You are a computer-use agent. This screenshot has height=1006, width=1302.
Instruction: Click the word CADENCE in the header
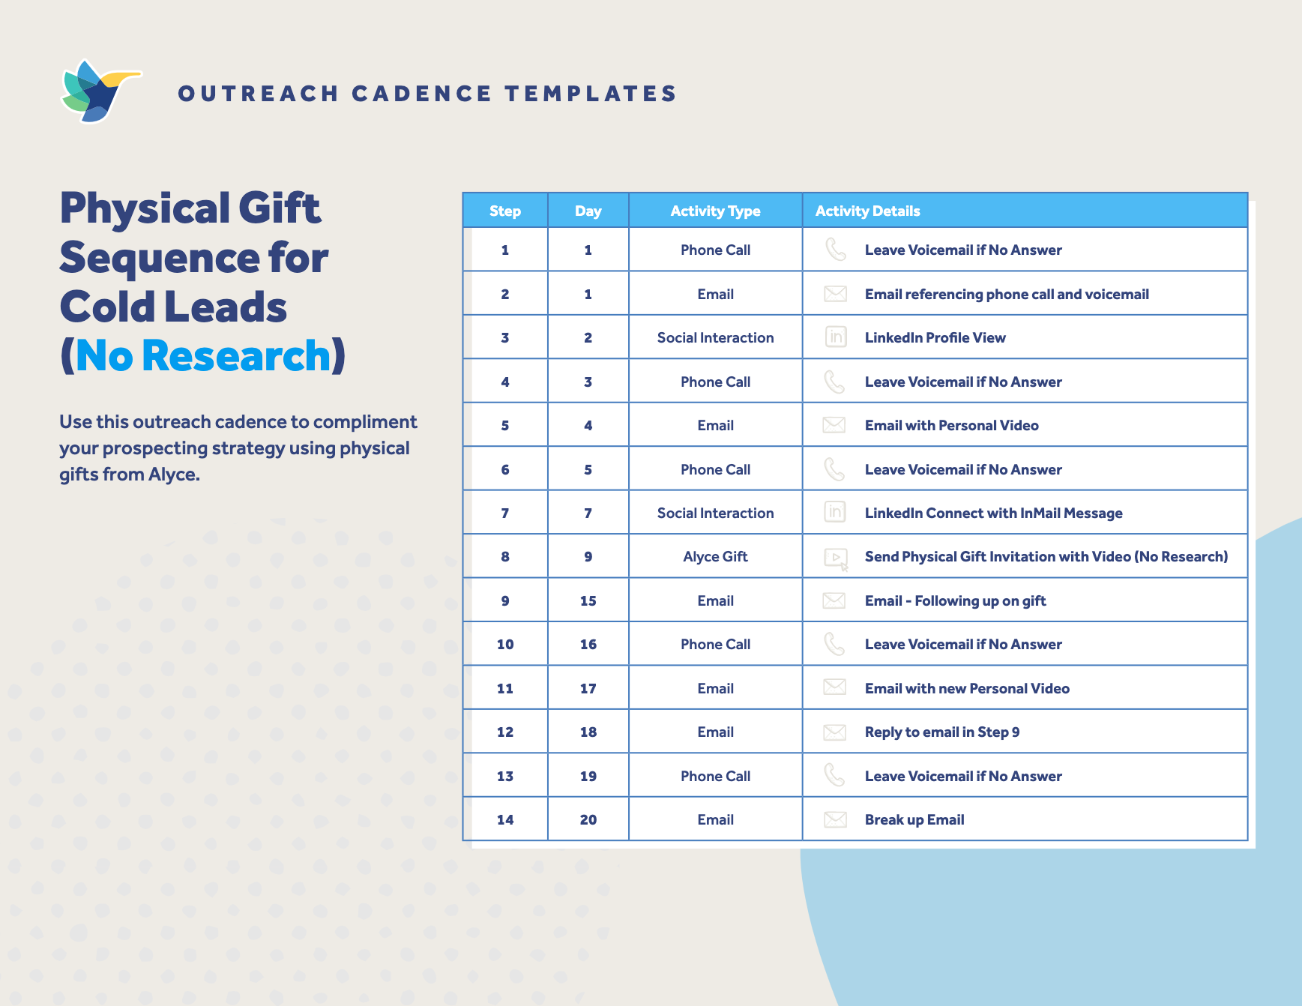(421, 94)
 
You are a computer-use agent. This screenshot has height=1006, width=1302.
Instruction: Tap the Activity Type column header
(715, 211)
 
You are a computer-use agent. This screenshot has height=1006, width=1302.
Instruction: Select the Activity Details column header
(867, 211)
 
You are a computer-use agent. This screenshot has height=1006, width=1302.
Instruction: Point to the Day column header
(588, 211)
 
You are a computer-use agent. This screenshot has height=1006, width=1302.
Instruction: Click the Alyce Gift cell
(715, 556)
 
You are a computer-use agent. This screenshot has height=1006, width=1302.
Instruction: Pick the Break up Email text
(914, 819)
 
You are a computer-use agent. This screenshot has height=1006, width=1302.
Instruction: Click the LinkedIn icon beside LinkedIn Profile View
(835, 337)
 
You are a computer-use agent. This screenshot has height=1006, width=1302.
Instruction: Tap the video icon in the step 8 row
(836, 558)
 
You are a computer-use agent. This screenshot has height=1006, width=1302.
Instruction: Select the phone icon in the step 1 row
(835, 250)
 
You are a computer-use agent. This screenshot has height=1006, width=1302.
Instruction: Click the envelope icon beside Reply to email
(834, 732)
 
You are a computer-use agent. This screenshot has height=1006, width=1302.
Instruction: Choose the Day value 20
(588, 819)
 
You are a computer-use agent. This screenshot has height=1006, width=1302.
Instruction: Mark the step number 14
(505, 819)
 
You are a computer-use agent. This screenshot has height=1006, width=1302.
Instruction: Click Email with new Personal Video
(966, 688)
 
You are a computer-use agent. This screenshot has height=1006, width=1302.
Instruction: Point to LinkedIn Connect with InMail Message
(993, 513)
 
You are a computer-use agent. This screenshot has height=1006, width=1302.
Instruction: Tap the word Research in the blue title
(236, 356)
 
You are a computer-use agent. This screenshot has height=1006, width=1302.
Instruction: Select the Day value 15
(588, 600)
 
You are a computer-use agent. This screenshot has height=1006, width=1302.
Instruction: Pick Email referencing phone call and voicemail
(1006, 294)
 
